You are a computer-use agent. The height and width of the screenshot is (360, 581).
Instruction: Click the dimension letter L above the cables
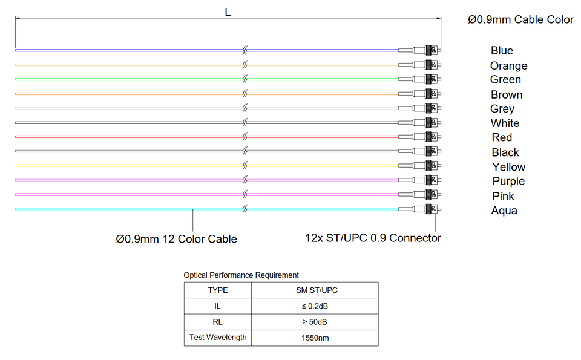click(x=228, y=12)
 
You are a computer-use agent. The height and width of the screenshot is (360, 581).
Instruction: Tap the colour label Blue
click(x=502, y=51)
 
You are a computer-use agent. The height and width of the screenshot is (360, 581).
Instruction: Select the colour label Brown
click(x=507, y=94)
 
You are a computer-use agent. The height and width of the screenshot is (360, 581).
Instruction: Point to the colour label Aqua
click(x=504, y=211)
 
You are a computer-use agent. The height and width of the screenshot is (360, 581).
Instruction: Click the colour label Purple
click(x=508, y=182)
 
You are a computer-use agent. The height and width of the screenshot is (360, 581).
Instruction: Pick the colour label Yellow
click(x=508, y=167)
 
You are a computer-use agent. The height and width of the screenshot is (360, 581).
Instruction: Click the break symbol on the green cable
click(x=245, y=79)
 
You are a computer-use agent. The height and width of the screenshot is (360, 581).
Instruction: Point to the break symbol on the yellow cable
click(x=245, y=166)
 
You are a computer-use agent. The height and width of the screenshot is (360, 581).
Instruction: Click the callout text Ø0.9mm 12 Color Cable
click(x=177, y=239)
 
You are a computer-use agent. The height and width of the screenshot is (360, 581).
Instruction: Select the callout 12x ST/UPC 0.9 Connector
click(x=373, y=238)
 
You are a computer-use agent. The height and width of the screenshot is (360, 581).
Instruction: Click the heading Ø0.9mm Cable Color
click(x=520, y=20)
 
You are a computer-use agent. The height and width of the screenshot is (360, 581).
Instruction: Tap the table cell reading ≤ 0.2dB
click(x=315, y=306)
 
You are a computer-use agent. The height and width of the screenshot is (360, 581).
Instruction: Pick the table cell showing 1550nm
click(x=315, y=338)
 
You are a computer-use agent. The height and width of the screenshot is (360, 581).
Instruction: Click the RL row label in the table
click(x=218, y=322)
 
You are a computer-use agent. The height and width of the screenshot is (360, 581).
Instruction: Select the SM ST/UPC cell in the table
click(x=315, y=290)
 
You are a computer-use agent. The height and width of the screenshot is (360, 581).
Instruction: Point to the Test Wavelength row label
click(x=218, y=338)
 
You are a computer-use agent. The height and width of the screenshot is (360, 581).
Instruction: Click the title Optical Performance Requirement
click(x=241, y=275)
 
